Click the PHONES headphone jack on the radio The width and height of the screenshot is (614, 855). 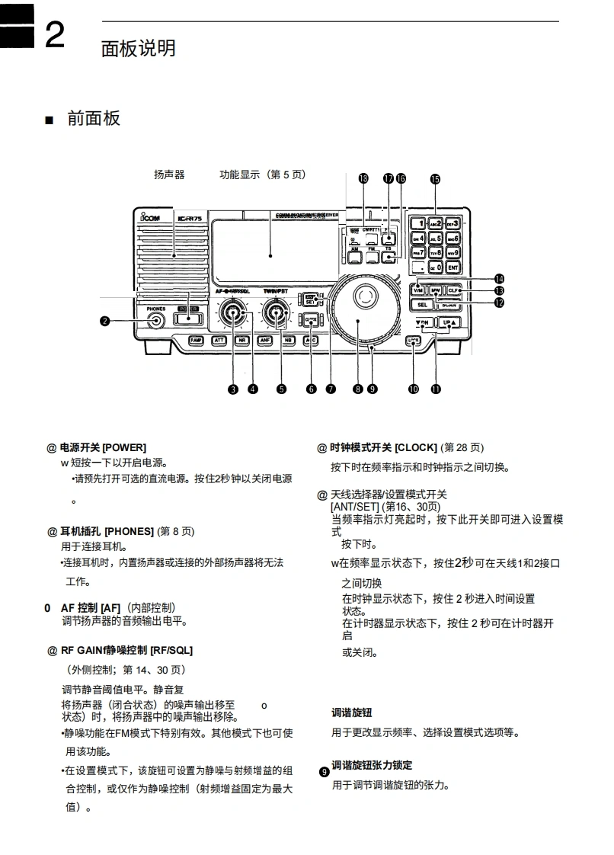[156, 320]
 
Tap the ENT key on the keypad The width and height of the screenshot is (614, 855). [453, 267]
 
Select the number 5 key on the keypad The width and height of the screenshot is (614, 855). [436, 238]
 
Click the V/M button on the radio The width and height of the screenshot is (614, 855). [417, 290]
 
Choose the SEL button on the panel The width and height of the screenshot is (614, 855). [423, 304]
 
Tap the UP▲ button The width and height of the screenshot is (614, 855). [449, 322]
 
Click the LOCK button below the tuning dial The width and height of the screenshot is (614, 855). [414, 341]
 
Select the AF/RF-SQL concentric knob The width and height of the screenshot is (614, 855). [232, 315]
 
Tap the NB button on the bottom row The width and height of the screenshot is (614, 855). [288, 341]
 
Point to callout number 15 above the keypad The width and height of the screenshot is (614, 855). [434, 179]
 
